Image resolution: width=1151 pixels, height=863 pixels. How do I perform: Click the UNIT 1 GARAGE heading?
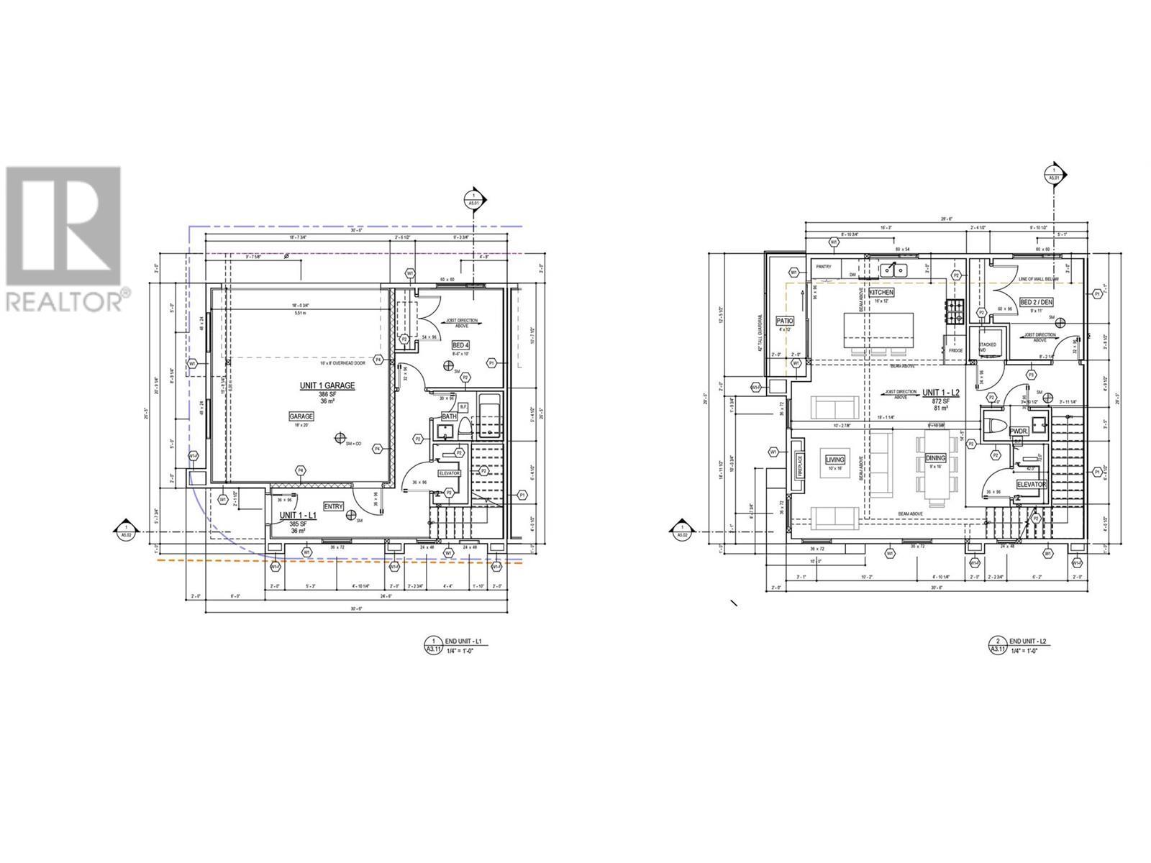(327, 386)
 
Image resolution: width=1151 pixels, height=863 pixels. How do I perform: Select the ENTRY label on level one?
(334, 506)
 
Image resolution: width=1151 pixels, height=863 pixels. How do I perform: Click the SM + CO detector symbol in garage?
(340, 438)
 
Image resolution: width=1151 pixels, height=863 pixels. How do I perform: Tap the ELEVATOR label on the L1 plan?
(449, 473)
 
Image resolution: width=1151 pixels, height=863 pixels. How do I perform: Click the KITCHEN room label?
(881, 293)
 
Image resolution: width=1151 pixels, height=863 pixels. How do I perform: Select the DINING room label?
(935, 457)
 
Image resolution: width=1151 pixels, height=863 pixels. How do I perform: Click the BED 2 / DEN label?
(1036, 302)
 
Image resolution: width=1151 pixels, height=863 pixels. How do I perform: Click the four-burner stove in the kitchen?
(956, 310)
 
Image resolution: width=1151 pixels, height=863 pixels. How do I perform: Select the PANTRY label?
(824, 267)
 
